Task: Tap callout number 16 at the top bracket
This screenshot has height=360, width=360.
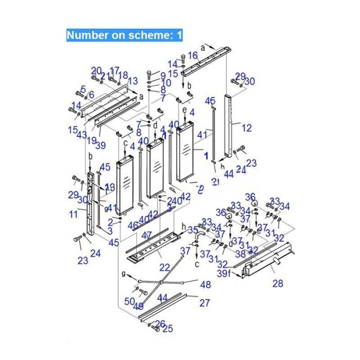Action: (192, 56)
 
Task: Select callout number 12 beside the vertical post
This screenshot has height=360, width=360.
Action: (247, 127)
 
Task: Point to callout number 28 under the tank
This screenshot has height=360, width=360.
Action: (278, 283)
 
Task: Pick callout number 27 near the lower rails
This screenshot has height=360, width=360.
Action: (205, 303)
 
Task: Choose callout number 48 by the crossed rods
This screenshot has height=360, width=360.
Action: (205, 284)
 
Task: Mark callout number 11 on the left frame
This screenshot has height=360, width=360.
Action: (74, 214)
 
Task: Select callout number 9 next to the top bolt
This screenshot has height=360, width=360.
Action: (163, 75)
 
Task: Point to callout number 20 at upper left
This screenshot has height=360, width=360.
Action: (97, 70)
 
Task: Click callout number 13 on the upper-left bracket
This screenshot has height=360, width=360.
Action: (133, 81)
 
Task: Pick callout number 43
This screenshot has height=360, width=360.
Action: (82, 135)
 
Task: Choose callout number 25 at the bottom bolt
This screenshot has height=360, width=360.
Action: (168, 329)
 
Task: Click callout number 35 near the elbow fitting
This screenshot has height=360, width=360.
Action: (193, 229)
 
